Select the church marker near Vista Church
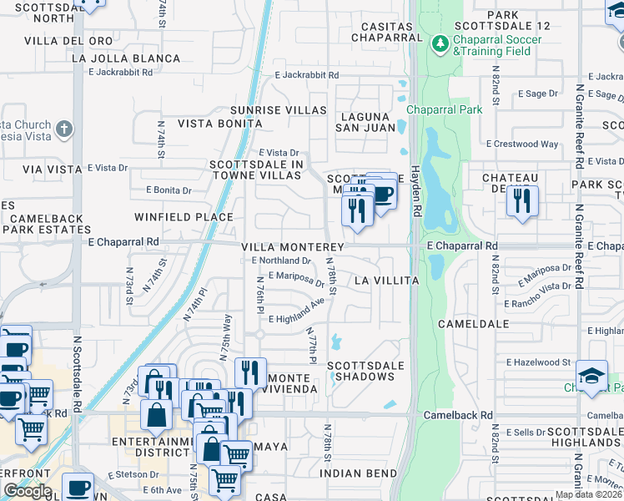[65, 129]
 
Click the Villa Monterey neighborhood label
[293, 248]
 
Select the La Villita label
[385, 281]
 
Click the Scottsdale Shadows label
[365, 371]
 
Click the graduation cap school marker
[591, 376]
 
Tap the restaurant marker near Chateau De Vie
[522, 201]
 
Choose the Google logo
[28, 491]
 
